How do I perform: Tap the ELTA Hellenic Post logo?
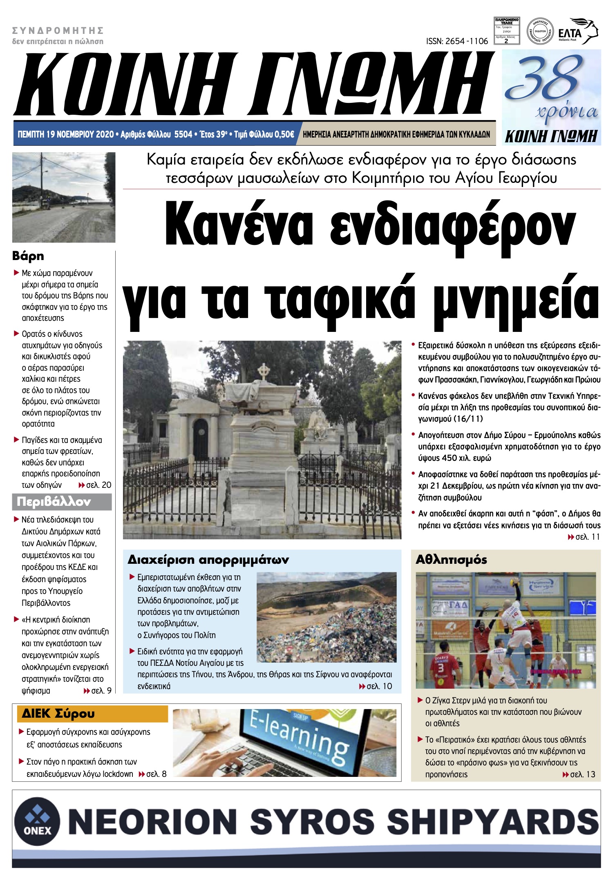tap(577, 31)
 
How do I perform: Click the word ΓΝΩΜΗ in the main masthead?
tap(368, 85)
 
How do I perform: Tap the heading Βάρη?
tap(28, 256)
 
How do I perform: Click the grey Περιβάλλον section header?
tap(54, 501)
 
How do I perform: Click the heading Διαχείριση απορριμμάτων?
tap(208, 559)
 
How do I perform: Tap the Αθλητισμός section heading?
tap(451, 559)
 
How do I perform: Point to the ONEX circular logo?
tap(38, 821)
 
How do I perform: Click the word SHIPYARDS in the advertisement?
tap(492, 821)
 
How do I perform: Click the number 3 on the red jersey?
tap(441, 668)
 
